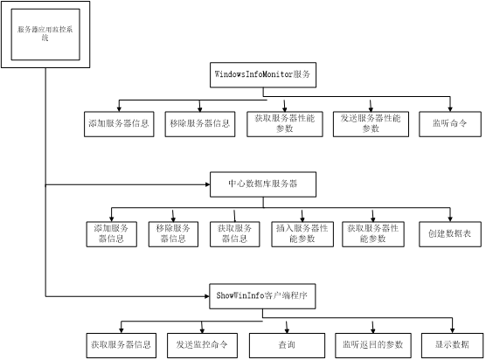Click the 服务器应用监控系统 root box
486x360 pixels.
(x=45, y=34)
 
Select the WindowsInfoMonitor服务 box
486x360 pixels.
(x=263, y=75)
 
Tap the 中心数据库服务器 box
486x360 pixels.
(x=263, y=184)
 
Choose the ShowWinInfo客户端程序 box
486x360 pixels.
(x=262, y=296)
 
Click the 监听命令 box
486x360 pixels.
(x=450, y=124)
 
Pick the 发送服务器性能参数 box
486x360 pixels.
(x=371, y=124)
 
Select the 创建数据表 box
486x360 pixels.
(x=450, y=234)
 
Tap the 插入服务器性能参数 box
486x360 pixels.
(x=302, y=234)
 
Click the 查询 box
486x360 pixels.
(x=287, y=345)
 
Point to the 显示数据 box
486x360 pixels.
(x=452, y=345)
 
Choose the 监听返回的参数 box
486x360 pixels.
(x=373, y=345)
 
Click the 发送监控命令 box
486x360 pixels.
(x=203, y=345)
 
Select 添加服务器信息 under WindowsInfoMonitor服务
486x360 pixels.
(x=119, y=124)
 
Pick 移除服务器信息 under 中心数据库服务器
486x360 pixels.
(x=173, y=234)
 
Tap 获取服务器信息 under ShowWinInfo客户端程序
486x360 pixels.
(x=121, y=345)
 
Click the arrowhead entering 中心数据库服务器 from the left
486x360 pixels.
(x=208, y=184)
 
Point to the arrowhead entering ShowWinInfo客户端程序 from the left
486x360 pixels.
(x=207, y=296)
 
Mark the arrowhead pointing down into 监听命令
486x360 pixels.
(x=450, y=109)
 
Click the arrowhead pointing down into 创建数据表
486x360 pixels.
(x=450, y=219)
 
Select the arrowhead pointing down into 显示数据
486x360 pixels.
(x=452, y=330)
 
